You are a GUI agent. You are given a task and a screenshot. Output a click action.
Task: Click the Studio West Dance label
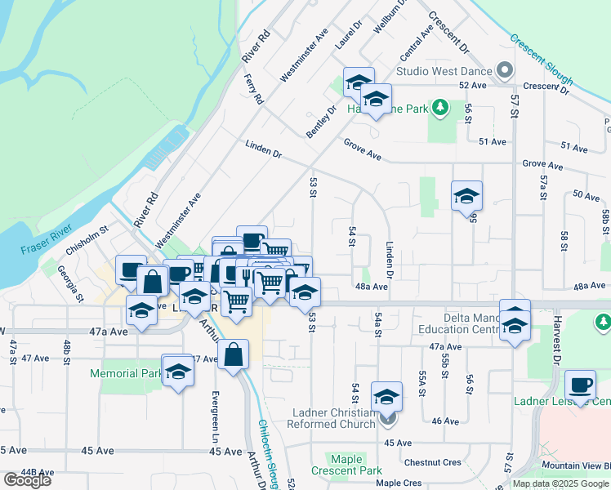[446, 70]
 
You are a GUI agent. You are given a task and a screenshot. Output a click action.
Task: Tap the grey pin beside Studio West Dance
[505, 70]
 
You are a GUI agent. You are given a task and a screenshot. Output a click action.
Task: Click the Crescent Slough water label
[542, 60]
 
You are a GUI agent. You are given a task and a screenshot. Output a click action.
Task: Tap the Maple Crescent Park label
[347, 465]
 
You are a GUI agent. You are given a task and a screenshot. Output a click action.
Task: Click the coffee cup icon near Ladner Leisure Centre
[580, 385]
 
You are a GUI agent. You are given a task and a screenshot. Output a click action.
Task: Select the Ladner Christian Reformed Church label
[337, 416]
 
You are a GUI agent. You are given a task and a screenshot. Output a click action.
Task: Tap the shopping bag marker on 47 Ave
[234, 354]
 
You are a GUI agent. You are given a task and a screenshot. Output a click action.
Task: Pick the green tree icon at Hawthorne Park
[440, 107]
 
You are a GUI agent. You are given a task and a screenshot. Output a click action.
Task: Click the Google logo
[27, 479]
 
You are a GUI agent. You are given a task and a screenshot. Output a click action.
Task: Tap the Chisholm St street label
[87, 241]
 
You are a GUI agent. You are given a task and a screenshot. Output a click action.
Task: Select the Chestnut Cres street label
[438, 462]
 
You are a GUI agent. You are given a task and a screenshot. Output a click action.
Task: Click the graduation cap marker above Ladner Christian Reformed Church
[386, 398]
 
